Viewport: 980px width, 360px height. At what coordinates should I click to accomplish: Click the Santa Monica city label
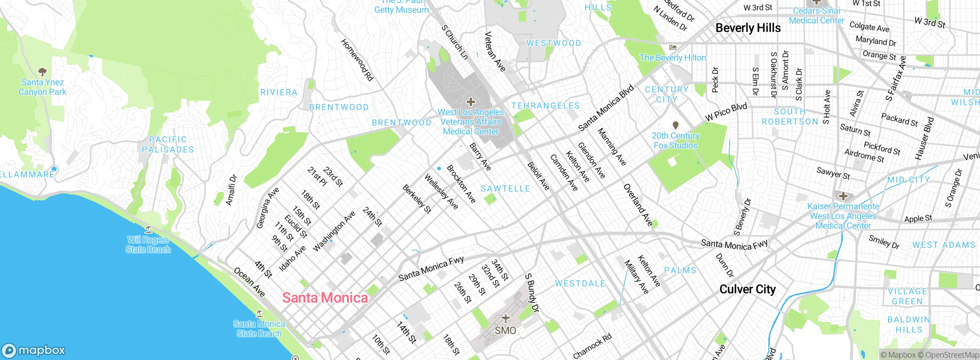pos(325,298)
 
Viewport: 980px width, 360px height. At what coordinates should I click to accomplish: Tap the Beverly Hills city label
pos(748,28)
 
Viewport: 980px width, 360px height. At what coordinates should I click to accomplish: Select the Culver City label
pos(747,289)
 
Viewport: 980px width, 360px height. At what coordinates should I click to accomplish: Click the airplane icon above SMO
pos(506,318)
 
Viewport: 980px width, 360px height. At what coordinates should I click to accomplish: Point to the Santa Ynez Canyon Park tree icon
pos(42,72)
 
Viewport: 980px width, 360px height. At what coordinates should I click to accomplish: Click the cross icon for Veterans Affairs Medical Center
pos(470,102)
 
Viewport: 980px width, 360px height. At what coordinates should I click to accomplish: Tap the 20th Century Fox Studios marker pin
pos(676,125)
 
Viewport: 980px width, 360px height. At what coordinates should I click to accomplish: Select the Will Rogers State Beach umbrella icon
pos(149,229)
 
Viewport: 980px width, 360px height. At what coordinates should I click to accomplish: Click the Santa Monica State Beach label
pos(259,329)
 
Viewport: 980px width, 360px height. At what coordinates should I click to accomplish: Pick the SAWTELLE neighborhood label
pos(505,188)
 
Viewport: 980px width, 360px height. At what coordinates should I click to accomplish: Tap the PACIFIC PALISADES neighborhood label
pos(168,144)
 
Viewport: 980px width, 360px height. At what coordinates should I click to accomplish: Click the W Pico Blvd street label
pos(726,112)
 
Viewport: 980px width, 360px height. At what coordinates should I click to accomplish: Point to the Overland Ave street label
pos(638,205)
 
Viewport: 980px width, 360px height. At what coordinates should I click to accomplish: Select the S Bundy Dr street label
pos(532,293)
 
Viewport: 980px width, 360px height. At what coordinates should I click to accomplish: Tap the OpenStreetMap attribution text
pos(952,355)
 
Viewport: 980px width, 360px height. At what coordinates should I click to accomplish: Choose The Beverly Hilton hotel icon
pos(673,47)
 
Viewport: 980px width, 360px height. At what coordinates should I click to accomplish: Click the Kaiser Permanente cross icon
pos(843,196)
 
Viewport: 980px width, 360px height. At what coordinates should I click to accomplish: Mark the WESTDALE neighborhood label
pos(580,283)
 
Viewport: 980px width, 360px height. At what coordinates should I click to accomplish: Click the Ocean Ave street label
pos(249,282)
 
